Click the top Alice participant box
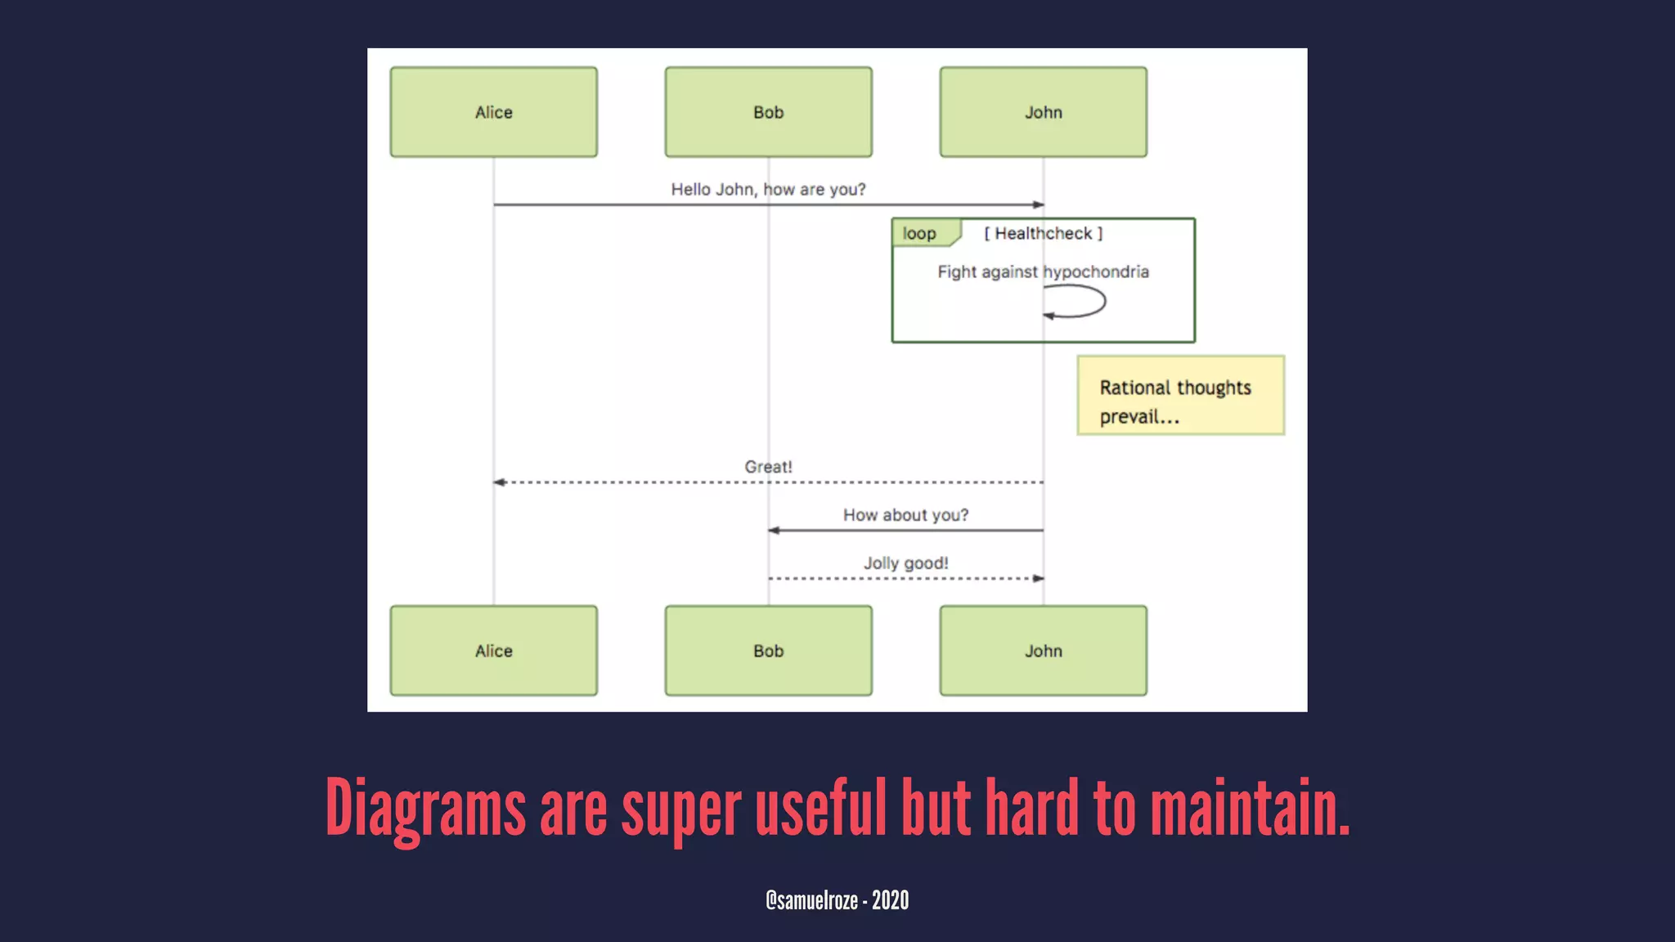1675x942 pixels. (493, 112)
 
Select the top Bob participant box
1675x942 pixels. (768, 112)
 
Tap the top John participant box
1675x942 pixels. (1043, 112)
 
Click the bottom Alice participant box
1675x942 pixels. (493, 651)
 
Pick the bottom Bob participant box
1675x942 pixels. (768, 651)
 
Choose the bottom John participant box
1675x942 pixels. (1043, 651)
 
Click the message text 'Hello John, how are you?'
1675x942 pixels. (768, 190)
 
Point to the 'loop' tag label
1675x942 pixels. (919, 234)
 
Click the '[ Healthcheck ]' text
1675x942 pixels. (1043, 234)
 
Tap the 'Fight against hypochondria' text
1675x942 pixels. (1043, 272)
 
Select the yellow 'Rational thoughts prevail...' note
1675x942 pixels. (1180, 396)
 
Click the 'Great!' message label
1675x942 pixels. (768, 467)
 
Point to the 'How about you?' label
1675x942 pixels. (905, 515)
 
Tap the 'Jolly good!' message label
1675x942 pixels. (905, 563)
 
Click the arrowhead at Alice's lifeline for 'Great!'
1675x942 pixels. (499, 482)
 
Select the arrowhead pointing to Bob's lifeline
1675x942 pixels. (774, 531)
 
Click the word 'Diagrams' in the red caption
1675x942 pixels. (425, 809)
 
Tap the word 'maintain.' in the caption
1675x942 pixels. (1250, 809)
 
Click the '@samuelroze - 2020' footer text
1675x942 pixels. (837, 900)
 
